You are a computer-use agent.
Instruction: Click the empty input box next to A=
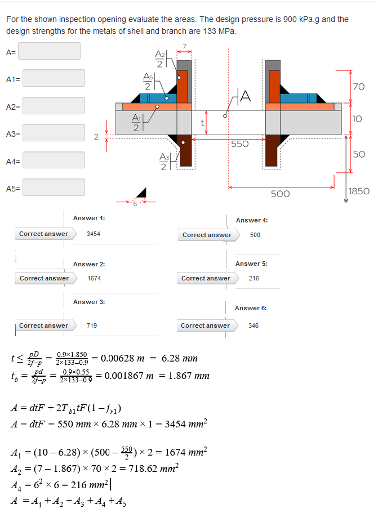click(x=52, y=51)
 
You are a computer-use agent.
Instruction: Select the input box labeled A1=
click(x=54, y=78)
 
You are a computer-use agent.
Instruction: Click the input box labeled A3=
click(x=54, y=133)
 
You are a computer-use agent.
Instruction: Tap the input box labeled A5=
click(x=54, y=188)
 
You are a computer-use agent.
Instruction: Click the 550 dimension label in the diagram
click(x=239, y=144)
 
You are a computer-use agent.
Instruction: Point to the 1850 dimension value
click(x=359, y=191)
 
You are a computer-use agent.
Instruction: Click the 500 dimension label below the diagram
click(x=280, y=194)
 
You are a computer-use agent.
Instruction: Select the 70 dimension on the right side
click(x=358, y=87)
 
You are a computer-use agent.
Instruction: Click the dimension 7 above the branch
click(x=184, y=46)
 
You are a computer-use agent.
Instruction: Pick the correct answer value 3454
click(x=94, y=234)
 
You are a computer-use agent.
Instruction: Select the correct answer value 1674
click(x=94, y=278)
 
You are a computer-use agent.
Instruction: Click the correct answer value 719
click(x=91, y=325)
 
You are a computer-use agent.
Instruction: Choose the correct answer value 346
click(x=253, y=325)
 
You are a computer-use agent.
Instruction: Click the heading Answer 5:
click(x=251, y=264)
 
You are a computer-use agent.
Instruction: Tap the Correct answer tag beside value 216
click(x=206, y=278)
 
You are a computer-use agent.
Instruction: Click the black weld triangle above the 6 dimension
click(x=143, y=194)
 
